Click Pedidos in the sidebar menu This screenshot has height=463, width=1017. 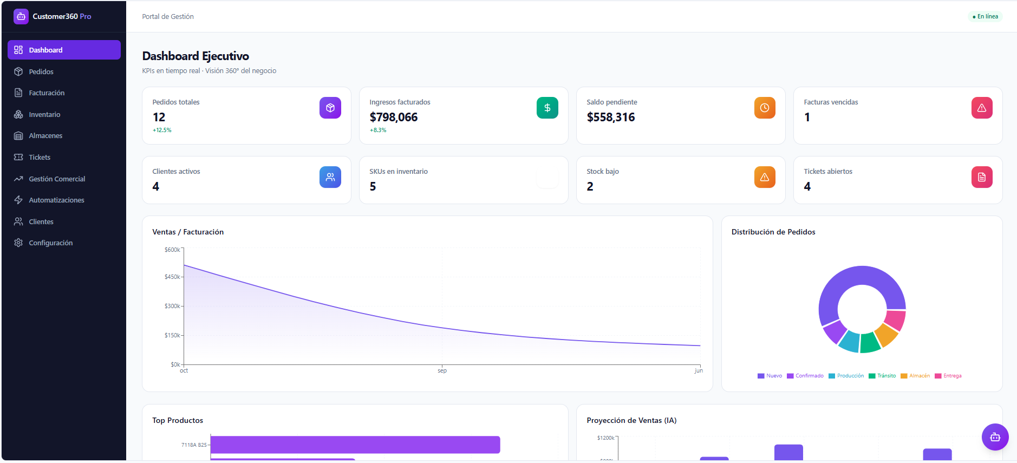pos(41,71)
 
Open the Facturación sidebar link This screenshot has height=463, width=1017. pos(47,93)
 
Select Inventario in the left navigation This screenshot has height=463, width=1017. pos(44,114)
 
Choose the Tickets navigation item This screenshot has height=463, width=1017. pos(40,157)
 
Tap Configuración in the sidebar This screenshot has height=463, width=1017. pos(50,243)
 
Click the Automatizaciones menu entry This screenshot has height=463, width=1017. pos(56,200)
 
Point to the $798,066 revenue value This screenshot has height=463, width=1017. pos(394,117)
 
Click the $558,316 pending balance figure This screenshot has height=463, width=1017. pos(611,117)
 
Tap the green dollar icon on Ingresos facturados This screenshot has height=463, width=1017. pos(547,108)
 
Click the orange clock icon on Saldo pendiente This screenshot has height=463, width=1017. pos(765,108)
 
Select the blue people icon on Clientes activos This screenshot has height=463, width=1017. pos(330,177)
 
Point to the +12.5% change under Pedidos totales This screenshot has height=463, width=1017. pos(162,130)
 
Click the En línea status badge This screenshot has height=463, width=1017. pos(985,16)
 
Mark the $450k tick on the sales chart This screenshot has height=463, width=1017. pos(172,277)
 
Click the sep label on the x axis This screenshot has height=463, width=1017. pos(442,370)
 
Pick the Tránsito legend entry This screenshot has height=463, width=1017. pos(882,376)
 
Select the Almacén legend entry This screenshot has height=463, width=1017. pos(915,376)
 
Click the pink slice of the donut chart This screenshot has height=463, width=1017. pos(896,320)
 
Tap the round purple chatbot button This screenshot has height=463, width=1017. pos(995,437)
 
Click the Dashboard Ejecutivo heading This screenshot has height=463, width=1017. pos(195,56)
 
